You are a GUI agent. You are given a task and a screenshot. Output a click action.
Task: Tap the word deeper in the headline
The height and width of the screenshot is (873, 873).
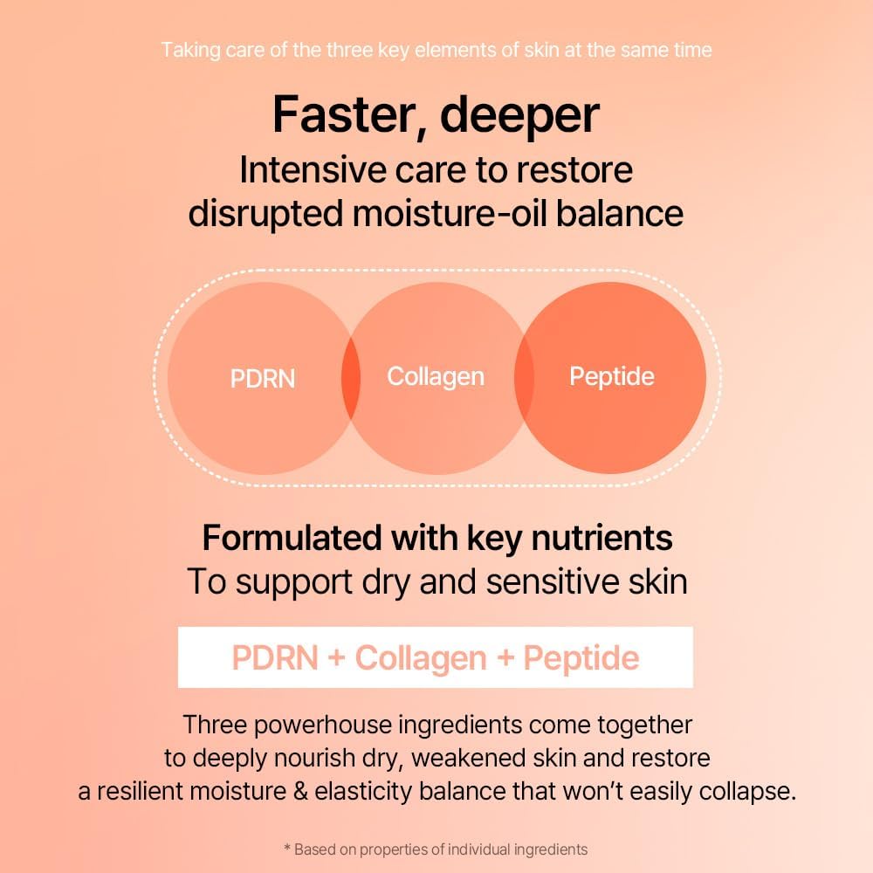pos(519,115)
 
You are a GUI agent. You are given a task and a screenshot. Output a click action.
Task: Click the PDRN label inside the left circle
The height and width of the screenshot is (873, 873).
pos(263,379)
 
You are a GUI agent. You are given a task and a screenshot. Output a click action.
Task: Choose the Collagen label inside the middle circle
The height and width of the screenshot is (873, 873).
pos(436,377)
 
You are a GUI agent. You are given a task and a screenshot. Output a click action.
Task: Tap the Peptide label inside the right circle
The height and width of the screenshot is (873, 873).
pos(612,376)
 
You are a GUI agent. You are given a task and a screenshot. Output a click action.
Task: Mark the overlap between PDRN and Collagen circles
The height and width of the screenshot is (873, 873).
pos(350,379)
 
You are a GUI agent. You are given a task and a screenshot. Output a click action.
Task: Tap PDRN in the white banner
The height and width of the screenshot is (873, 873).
pos(274,657)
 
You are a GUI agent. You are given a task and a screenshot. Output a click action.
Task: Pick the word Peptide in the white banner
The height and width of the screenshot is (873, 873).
pos(581,657)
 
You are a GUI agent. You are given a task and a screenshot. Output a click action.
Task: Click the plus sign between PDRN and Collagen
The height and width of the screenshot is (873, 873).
pos(337,658)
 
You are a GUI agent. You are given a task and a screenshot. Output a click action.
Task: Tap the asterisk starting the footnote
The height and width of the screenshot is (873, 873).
pos(287,849)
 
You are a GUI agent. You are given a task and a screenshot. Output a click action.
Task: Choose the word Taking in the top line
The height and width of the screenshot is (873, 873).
pos(189,50)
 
